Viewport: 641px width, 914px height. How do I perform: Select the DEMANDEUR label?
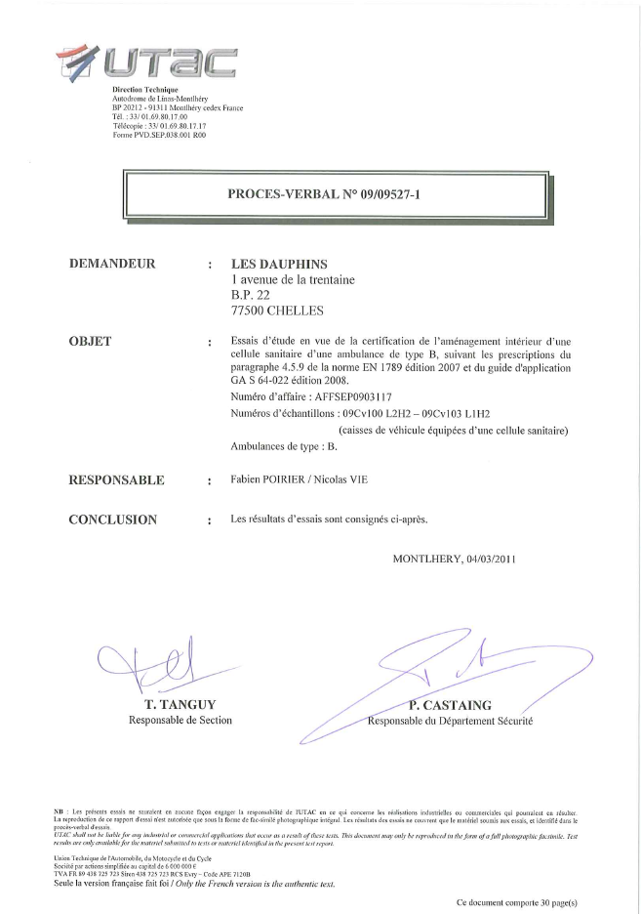pyautogui.click(x=112, y=264)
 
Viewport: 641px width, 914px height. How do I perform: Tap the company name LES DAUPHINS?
pyautogui.click(x=279, y=264)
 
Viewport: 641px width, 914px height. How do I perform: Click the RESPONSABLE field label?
pyautogui.click(x=116, y=480)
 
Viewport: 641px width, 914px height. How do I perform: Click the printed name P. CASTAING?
pyautogui.click(x=451, y=705)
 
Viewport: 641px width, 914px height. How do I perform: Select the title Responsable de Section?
pyautogui.click(x=180, y=721)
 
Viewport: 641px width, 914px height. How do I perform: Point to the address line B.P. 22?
pyautogui.click(x=251, y=296)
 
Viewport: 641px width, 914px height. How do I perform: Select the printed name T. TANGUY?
pyautogui.click(x=180, y=705)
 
